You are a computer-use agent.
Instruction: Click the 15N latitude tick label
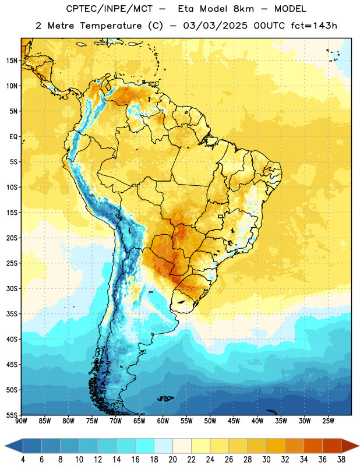(12, 61)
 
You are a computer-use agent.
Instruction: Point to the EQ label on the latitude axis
(13, 137)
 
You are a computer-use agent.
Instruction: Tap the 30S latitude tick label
(12, 288)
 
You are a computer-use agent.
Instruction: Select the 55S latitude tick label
(12, 415)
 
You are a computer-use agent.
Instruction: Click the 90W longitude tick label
(21, 421)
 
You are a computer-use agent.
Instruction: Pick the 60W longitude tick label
(163, 421)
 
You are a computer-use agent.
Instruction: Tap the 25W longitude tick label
(328, 421)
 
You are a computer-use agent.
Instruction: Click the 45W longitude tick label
(234, 421)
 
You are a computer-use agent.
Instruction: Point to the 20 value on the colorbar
(172, 460)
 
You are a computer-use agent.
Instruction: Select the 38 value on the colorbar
(341, 460)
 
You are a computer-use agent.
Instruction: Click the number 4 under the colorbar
(23, 460)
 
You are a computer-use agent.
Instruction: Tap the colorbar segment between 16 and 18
(145, 446)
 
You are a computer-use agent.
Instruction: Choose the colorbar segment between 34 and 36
(313, 446)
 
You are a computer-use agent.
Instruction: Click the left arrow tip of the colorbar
(5, 446)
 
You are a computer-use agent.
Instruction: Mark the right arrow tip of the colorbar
(359, 446)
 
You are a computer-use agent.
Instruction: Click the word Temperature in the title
(111, 26)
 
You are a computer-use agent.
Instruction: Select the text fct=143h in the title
(314, 26)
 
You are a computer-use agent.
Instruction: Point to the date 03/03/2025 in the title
(215, 26)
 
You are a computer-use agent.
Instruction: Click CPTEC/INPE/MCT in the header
(109, 9)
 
